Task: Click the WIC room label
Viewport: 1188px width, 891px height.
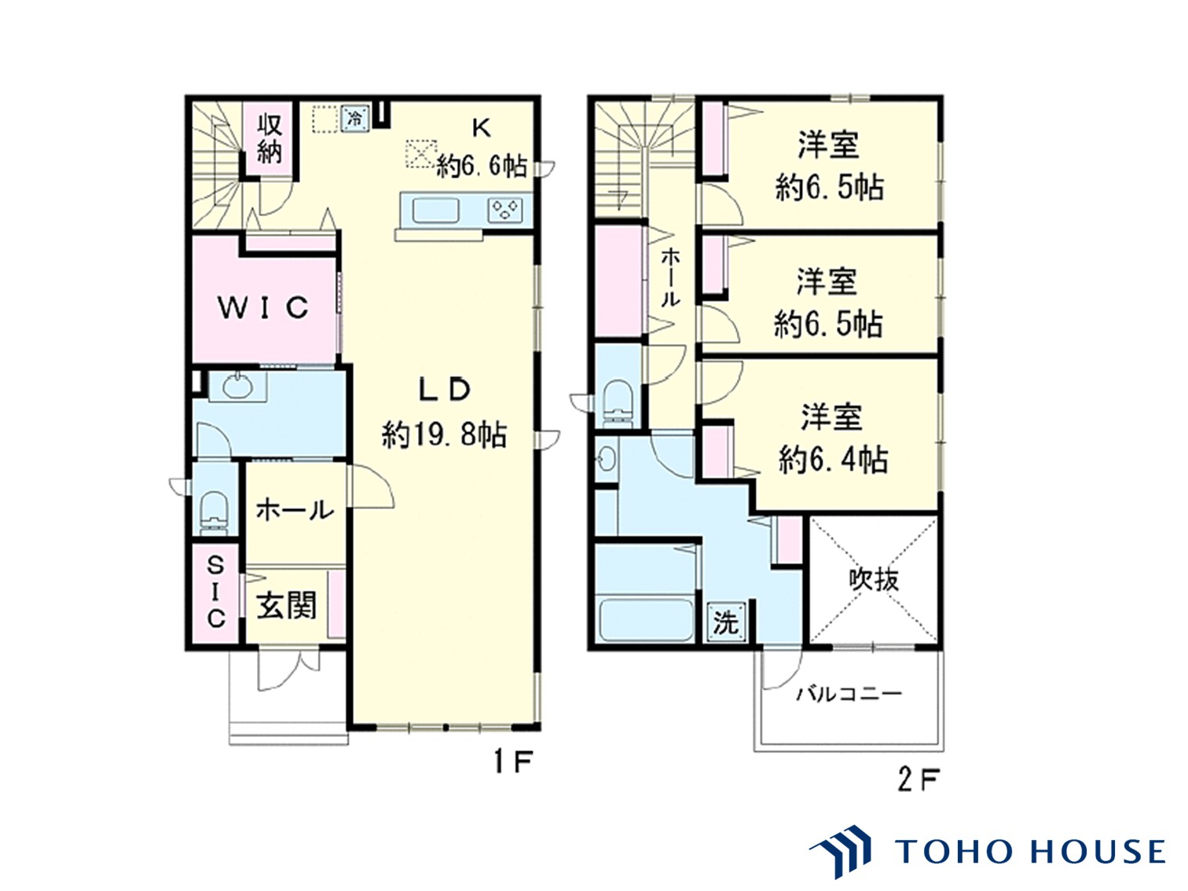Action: click(263, 307)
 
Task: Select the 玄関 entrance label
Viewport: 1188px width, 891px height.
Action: click(287, 606)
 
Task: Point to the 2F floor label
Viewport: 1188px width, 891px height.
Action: click(918, 779)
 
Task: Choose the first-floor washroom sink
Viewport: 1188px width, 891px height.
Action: click(238, 386)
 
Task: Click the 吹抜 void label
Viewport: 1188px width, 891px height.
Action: click(874, 580)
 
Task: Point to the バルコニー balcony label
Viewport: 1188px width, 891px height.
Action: click(849, 695)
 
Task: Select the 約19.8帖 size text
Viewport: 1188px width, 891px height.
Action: click(445, 434)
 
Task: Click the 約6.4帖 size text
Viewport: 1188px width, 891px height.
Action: click(833, 459)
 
